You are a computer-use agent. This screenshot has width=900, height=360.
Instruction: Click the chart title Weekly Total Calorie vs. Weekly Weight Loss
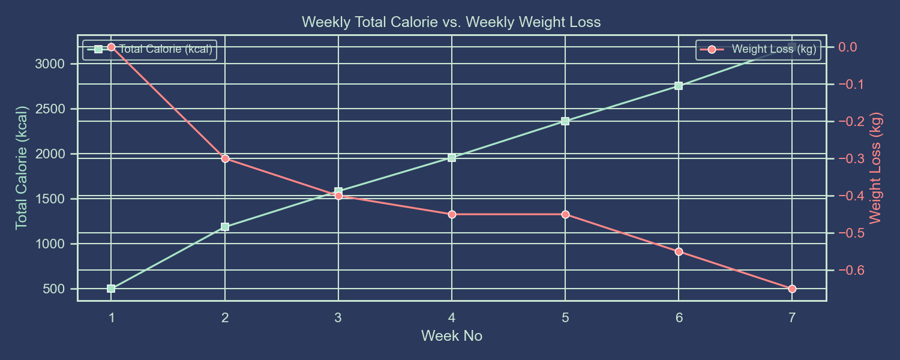(x=451, y=22)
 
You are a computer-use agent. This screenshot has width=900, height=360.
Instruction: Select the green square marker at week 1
(x=111, y=289)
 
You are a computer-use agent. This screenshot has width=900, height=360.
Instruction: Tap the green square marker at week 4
(x=452, y=158)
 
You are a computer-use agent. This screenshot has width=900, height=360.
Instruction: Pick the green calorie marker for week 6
(x=679, y=86)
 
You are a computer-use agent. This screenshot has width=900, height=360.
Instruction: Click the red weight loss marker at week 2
(x=225, y=158)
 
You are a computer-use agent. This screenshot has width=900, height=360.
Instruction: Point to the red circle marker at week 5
(x=565, y=214)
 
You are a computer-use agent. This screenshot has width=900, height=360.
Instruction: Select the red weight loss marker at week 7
(x=792, y=289)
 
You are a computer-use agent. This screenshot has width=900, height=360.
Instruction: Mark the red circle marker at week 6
(x=679, y=251)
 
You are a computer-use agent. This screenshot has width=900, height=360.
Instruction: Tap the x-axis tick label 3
(x=338, y=317)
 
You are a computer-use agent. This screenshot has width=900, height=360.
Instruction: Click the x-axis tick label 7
(x=792, y=317)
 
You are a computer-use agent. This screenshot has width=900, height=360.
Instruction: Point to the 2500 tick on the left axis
(x=51, y=109)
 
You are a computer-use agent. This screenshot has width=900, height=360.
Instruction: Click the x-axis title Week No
(x=451, y=336)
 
